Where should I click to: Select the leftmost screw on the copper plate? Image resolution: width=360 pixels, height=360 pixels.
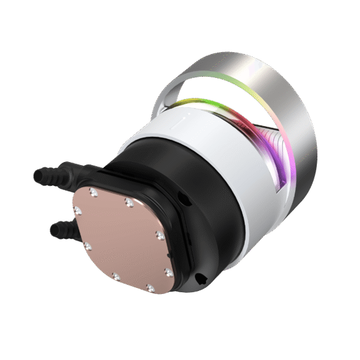click(x=77, y=211)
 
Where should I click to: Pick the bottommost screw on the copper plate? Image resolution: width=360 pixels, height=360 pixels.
click(x=149, y=288)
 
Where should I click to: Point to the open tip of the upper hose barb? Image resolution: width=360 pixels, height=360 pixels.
click(x=35, y=175)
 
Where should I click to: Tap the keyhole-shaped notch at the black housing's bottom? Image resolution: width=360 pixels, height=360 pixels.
click(x=201, y=277)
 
